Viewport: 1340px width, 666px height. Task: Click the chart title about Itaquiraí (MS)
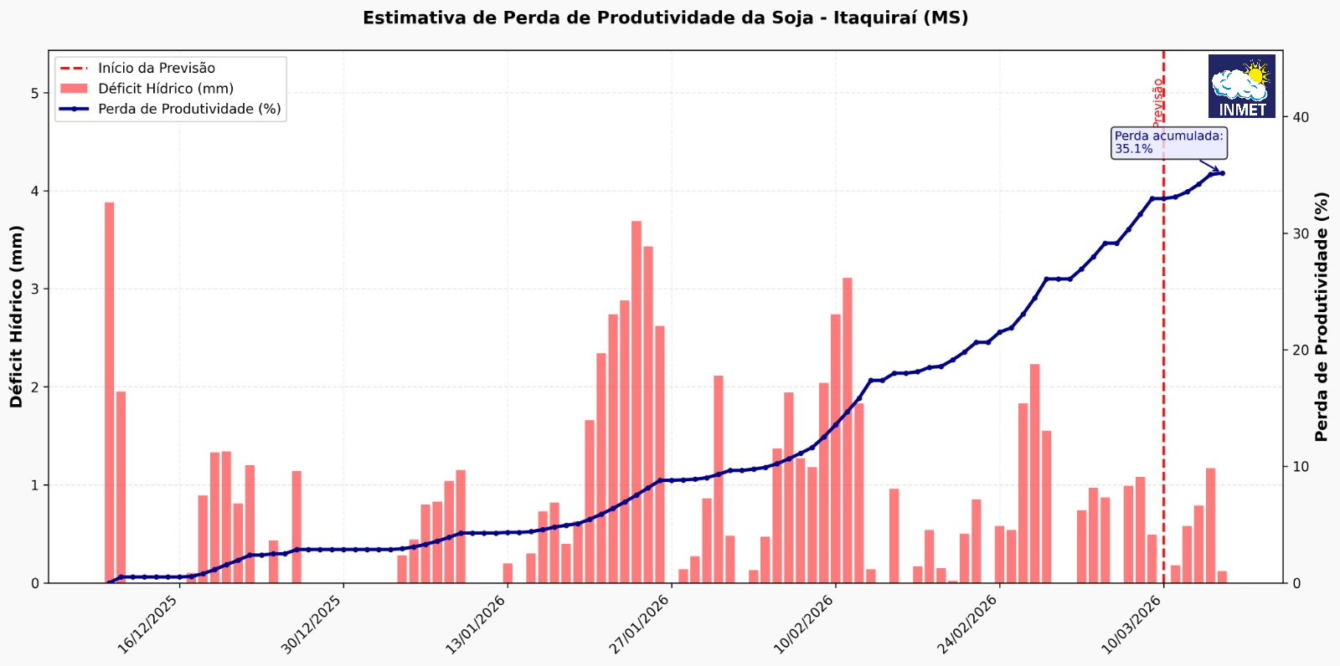point(665,18)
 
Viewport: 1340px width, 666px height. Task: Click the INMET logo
point(1241,86)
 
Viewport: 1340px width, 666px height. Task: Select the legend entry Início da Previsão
point(156,69)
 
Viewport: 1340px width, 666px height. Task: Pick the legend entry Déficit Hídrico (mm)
point(165,89)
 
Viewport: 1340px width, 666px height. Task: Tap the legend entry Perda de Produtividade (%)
point(189,109)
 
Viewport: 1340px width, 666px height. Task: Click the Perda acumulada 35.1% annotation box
point(1168,142)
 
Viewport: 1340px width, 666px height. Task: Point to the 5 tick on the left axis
point(35,93)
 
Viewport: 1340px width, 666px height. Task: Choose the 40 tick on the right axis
point(1301,117)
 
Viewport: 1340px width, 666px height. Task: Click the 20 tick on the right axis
point(1301,350)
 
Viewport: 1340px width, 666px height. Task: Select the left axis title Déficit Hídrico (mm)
point(17,316)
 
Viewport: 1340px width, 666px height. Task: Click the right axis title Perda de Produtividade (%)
point(1322,316)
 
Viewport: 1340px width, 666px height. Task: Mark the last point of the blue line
point(1222,173)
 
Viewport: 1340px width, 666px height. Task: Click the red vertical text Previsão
point(1157,102)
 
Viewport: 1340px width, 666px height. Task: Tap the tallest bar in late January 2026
point(636,402)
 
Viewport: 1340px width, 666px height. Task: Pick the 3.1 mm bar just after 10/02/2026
point(848,430)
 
